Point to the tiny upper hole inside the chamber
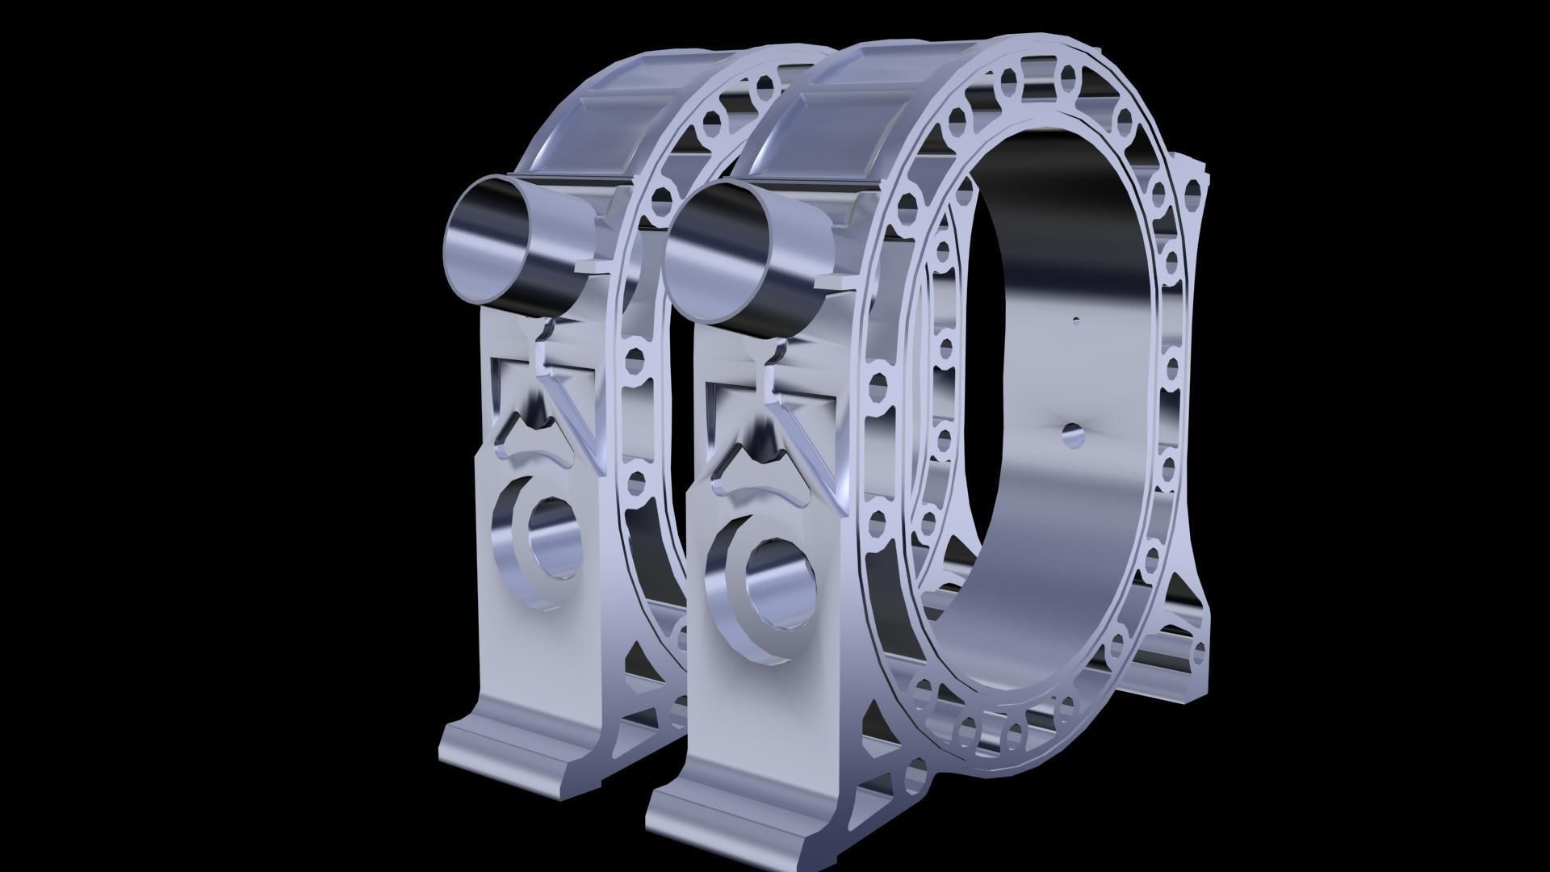click(x=1075, y=321)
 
